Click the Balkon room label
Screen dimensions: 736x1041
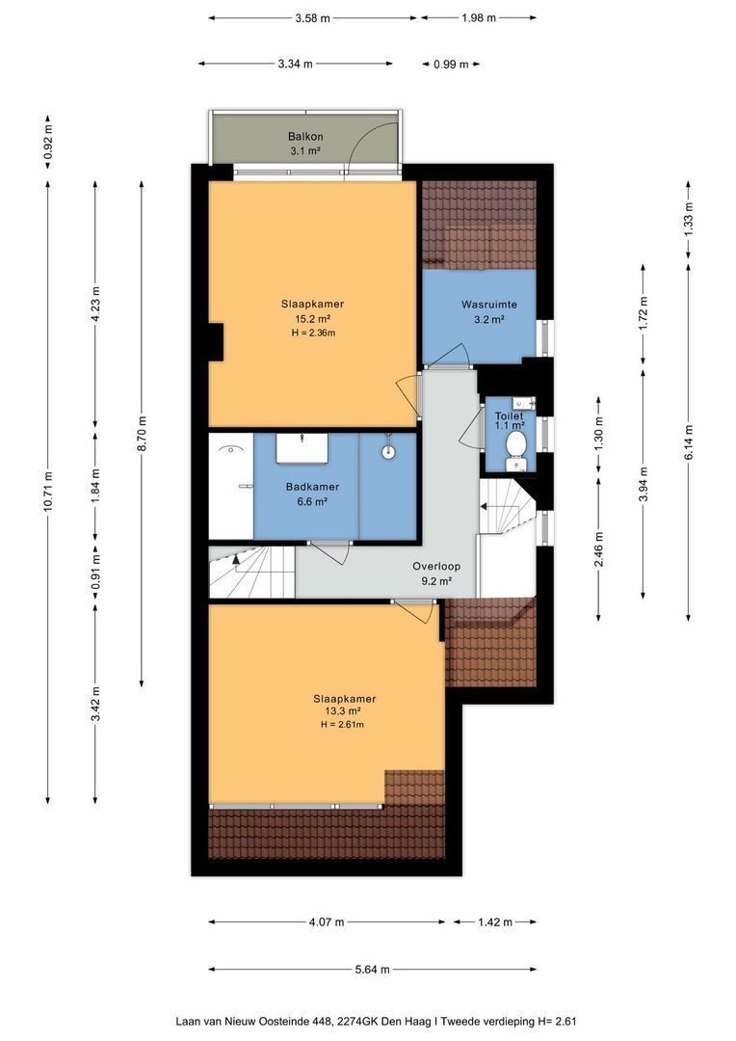(305, 137)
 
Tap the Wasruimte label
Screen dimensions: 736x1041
(489, 305)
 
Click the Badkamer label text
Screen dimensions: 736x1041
(312, 487)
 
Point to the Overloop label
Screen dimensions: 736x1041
(436, 567)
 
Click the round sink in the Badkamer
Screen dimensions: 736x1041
(388, 451)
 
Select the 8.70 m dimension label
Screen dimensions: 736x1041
(142, 434)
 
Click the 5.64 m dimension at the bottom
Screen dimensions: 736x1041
(372, 970)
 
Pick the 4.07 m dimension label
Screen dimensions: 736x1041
(327, 922)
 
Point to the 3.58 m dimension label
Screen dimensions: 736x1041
(312, 18)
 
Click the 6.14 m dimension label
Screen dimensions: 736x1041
(689, 442)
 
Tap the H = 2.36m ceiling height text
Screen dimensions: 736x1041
(313, 333)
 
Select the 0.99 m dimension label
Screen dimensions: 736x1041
(451, 65)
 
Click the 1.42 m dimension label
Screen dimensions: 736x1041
(495, 922)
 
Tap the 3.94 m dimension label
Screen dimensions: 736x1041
(644, 485)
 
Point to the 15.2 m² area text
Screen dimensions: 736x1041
(312, 319)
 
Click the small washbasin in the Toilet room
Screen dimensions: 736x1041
(524, 402)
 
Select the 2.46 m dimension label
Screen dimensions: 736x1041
(599, 549)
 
